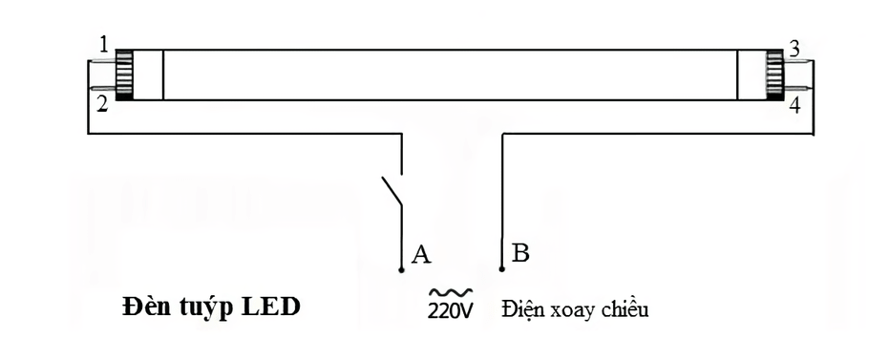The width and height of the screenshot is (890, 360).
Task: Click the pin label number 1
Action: tap(102, 44)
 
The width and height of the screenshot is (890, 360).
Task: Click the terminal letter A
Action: tap(421, 254)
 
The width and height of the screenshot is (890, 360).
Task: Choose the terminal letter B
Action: tap(521, 254)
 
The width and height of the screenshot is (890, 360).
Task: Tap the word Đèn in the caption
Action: tap(143, 308)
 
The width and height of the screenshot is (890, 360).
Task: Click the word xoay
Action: tap(576, 311)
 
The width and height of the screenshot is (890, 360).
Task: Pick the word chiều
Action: tap(626, 310)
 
